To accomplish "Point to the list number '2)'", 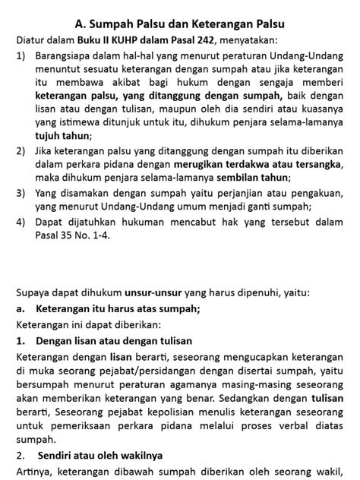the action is pos(21,151).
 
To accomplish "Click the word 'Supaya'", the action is pos(34,292).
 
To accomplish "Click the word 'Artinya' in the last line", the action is pos(36,472).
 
